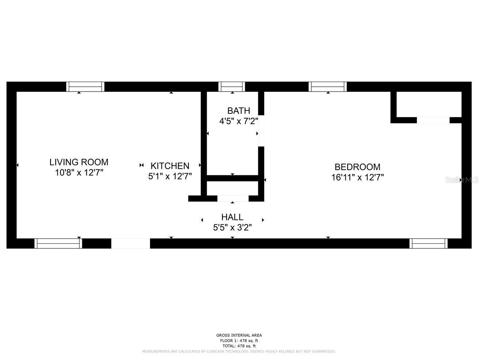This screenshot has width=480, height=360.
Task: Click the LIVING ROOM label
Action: click(x=79, y=162)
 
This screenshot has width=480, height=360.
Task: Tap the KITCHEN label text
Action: click(x=170, y=166)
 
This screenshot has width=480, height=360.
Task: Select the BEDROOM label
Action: click(x=357, y=167)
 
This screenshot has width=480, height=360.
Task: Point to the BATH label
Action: click(x=239, y=110)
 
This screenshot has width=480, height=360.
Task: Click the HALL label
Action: click(x=232, y=217)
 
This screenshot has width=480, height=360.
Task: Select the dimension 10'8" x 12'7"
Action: click(x=79, y=173)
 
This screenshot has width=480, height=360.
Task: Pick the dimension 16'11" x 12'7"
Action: click(x=357, y=178)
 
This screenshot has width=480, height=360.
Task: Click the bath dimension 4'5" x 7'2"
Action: click(x=239, y=121)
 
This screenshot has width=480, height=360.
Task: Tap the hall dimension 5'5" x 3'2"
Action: click(x=232, y=228)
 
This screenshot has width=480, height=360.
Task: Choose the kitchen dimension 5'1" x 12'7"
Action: click(x=170, y=176)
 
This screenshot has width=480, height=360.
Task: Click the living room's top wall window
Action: click(x=85, y=87)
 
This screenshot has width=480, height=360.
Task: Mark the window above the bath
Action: click(x=232, y=87)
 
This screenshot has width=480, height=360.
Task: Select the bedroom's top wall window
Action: click(x=327, y=87)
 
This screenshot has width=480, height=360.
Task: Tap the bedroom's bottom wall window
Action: click(x=428, y=243)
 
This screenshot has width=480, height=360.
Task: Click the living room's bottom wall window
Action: click(x=58, y=243)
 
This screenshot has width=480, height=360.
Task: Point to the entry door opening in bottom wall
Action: click(x=131, y=243)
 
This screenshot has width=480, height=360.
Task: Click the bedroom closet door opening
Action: click(x=433, y=120)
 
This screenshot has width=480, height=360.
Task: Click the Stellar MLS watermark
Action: click(x=462, y=180)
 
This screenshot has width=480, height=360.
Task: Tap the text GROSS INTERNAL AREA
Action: click(x=239, y=335)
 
